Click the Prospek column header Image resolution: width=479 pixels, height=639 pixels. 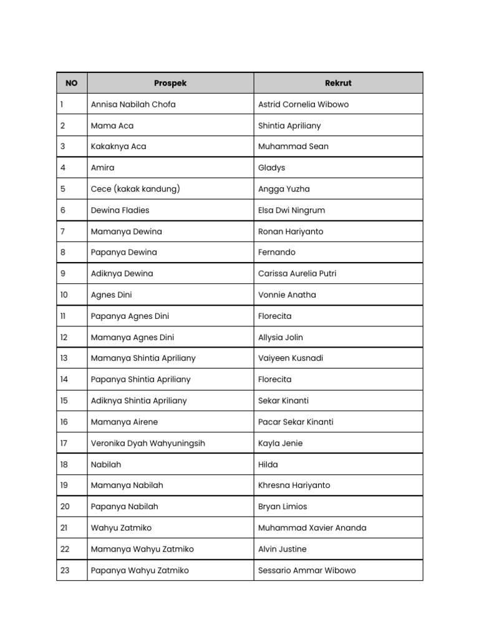(x=170, y=83)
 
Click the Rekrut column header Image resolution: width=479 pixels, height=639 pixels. (x=338, y=83)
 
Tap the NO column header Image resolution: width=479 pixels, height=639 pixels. (x=72, y=83)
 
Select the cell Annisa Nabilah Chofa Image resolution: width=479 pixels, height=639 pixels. (x=133, y=104)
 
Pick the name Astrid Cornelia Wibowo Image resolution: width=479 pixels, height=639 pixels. (x=303, y=104)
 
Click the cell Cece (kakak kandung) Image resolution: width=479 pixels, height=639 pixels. (x=135, y=189)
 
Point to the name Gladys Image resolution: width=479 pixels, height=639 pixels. (x=272, y=168)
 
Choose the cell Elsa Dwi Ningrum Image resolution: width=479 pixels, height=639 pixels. (x=291, y=210)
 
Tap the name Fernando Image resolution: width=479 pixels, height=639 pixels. (x=277, y=253)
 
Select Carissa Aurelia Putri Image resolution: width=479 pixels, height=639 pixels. (x=297, y=273)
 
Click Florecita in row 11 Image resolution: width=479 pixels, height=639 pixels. (x=274, y=316)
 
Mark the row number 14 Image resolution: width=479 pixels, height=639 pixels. (x=64, y=379)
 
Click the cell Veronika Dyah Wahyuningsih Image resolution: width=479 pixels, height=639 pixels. (x=148, y=444)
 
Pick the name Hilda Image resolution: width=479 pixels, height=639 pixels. (x=268, y=465)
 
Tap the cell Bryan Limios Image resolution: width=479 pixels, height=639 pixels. (x=283, y=507)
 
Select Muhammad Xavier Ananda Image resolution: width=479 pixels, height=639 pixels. (x=312, y=528)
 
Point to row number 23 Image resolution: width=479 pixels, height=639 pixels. (x=65, y=570)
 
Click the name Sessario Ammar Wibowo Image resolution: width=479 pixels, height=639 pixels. (x=307, y=570)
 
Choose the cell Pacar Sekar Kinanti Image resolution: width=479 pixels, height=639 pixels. (x=296, y=422)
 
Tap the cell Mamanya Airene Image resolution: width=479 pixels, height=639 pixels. (x=124, y=422)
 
